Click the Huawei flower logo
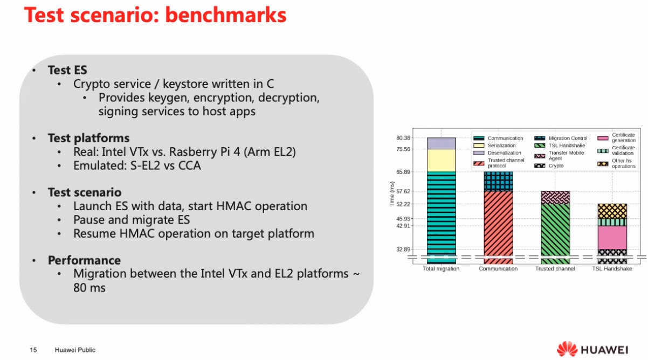pyautogui.click(x=567, y=349)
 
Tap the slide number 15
pyautogui.click(x=33, y=350)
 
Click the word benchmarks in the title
pyautogui.click(x=226, y=15)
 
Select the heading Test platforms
pyautogui.click(x=88, y=138)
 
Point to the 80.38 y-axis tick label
pyautogui.click(x=403, y=138)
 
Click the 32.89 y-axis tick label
pyautogui.click(x=403, y=250)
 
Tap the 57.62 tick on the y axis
pyautogui.click(x=403, y=191)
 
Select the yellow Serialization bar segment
pyautogui.click(x=442, y=161)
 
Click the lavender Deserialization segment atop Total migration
pyautogui.click(x=442, y=143)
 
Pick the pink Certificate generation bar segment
pyautogui.click(x=612, y=238)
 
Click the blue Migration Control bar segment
pyautogui.click(x=499, y=181)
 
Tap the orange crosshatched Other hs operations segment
pyautogui.click(x=612, y=211)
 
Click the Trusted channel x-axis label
pyautogui.click(x=555, y=268)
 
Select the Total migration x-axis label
pyautogui.click(x=441, y=268)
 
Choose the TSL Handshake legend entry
pyautogui.click(x=560, y=146)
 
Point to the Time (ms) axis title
pyautogui.click(x=392, y=193)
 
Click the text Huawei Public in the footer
pyautogui.click(x=75, y=350)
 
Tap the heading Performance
pyautogui.click(x=84, y=260)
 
